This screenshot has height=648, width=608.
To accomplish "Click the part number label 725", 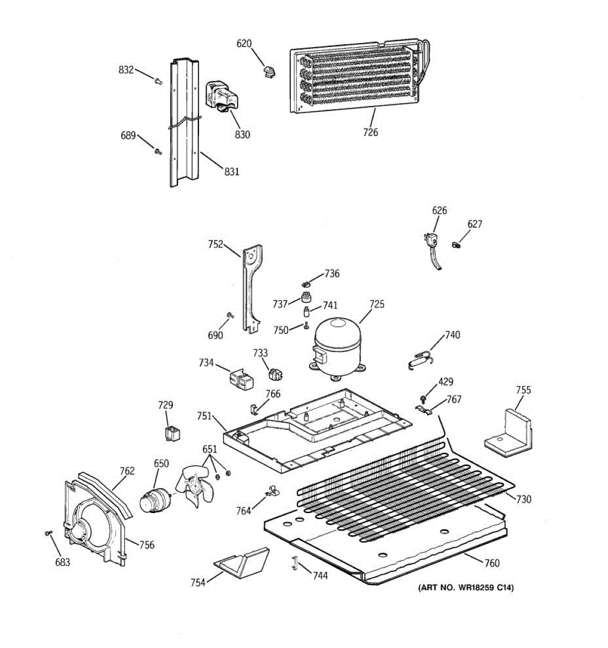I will [x=377, y=305].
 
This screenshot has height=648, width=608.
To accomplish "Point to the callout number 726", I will [x=371, y=132].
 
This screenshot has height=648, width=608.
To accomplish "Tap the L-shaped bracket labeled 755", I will [x=508, y=431].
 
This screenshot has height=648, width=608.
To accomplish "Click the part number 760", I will [x=492, y=563].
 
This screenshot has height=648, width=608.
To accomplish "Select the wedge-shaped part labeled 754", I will [x=242, y=562].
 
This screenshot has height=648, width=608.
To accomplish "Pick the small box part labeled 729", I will [x=172, y=434].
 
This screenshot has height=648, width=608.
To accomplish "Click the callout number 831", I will [x=231, y=172].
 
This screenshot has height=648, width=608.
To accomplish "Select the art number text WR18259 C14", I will [x=465, y=588].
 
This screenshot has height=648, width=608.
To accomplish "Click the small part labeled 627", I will [x=457, y=246].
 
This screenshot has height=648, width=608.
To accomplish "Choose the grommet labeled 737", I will [x=307, y=297].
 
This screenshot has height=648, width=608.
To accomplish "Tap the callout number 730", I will [x=523, y=500].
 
